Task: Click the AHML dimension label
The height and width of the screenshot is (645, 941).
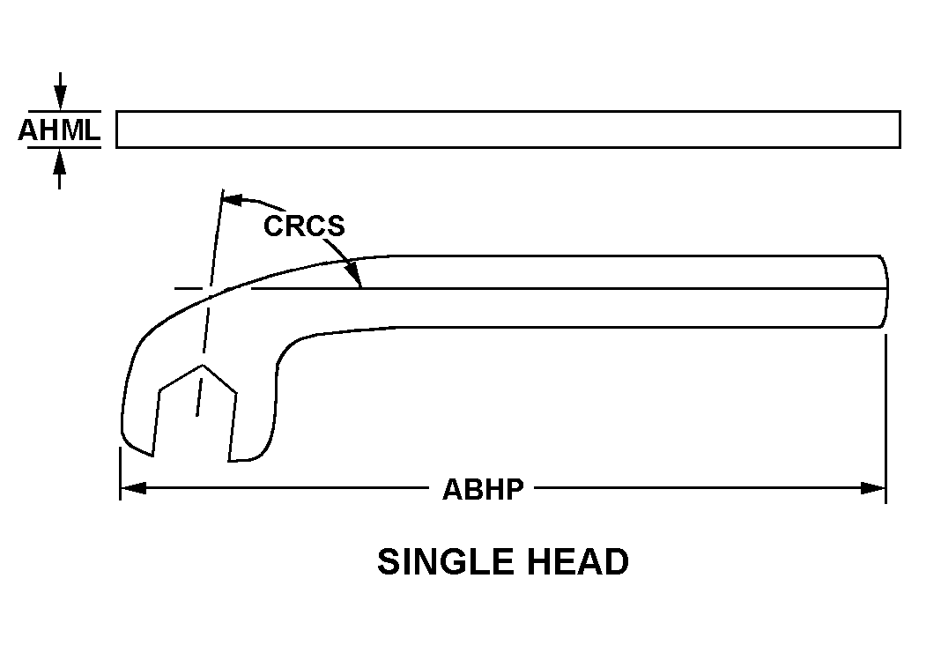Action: (x=59, y=130)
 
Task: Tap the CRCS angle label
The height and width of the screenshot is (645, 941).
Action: (x=304, y=226)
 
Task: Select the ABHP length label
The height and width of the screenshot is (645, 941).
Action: (x=483, y=489)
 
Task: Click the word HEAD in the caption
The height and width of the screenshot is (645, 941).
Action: (x=578, y=561)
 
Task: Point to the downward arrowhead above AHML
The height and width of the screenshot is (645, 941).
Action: (x=59, y=98)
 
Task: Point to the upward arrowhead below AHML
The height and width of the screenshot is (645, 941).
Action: (x=59, y=160)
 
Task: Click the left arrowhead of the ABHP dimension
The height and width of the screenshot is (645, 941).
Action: (x=133, y=488)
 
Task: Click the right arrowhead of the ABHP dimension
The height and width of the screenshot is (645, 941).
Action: (x=873, y=488)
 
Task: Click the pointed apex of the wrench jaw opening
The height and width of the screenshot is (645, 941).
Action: (x=203, y=365)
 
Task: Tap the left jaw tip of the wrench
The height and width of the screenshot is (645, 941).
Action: (x=153, y=456)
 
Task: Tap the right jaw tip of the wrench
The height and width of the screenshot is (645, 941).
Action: (x=229, y=461)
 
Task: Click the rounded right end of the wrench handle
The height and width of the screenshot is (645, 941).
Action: (x=885, y=292)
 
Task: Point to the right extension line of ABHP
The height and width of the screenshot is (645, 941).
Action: (x=885, y=419)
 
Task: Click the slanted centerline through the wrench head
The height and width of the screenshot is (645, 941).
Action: (x=210, y=303)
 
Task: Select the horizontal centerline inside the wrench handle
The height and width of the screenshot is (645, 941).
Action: (x=531, y=289)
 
